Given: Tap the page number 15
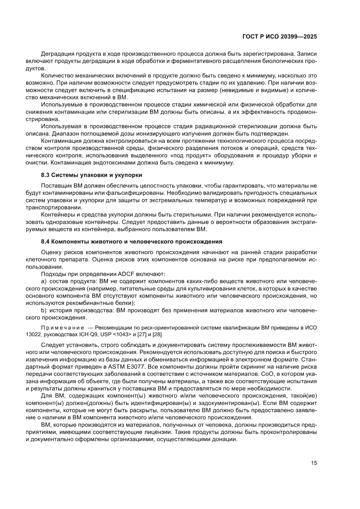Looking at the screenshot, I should [313, 463].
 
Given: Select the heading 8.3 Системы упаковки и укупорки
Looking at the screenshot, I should [91, 175].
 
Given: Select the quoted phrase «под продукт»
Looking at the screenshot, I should [201, 155].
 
